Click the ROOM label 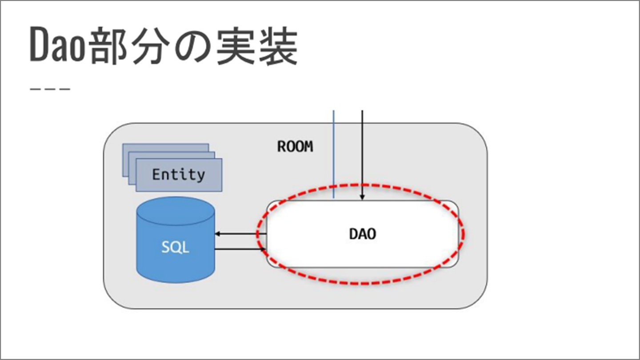(295, 147)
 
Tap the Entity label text (179, 175)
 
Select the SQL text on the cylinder (175, 247)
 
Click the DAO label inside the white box (362, 234)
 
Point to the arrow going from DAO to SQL (240, 234)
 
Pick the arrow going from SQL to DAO (240, 249)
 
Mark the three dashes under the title (50, 89)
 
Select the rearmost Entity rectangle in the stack (165, 148)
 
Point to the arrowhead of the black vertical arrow (363, 197)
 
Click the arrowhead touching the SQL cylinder (218, 234)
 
